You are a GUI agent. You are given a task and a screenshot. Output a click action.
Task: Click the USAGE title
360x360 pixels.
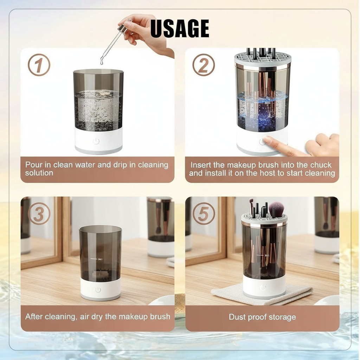click(x=180, y=28)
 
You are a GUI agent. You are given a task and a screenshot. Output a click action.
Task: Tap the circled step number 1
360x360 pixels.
click(x=39, y=65)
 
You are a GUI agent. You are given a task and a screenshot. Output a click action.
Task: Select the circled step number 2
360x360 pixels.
click(x=204, y=65)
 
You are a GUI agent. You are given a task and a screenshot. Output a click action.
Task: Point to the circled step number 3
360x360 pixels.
click(x=39, y=214)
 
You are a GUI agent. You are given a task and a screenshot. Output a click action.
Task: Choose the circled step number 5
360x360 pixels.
click(x=204, y=214)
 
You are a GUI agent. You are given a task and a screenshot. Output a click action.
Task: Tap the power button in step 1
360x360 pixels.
click(x=96, y=141)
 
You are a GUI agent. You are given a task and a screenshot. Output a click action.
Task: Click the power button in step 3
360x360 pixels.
click(x=98, y=289)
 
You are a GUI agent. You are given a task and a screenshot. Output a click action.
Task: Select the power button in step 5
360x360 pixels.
click(x=263, y=288)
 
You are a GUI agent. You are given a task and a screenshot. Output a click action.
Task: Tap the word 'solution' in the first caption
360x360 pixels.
click(x=39, y=173)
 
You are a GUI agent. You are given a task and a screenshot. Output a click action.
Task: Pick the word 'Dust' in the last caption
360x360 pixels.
click(x=237, y=317)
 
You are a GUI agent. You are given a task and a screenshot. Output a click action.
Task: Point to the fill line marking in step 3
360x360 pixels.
click(x=97, y=259)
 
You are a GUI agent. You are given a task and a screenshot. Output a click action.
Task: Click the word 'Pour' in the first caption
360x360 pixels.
click(x=33, y=165)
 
